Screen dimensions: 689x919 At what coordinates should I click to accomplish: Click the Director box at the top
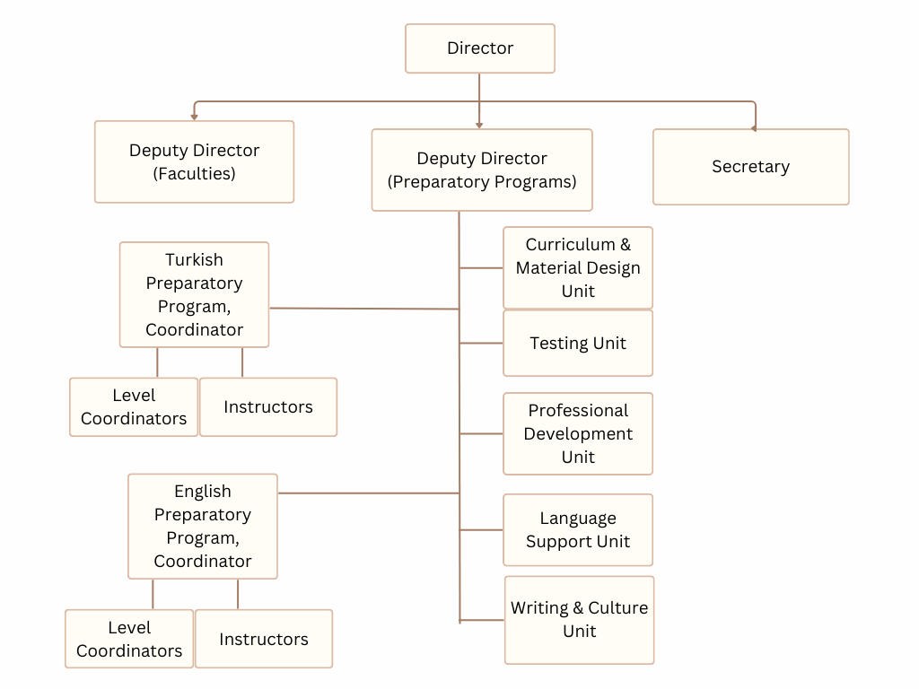pyautogui.click(x=480, y=48)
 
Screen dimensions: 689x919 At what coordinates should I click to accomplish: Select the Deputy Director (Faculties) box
pyautogui.click(x=194, y=161)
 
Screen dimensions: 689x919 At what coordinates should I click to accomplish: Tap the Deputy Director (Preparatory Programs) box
pyautogui.click(x=482, y=170)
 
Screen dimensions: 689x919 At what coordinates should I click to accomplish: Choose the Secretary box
pyautogui.click(x=750, y=167)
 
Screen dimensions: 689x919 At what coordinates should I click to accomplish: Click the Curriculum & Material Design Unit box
pyautogui.click(x=578, y=267)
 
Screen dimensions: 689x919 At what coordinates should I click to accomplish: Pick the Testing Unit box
pyautogui.click(x=578, y=343)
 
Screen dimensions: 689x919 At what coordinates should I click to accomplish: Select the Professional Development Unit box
pyautogui.click(x=578, y=433)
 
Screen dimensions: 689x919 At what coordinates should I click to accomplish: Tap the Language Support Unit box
pyautogui.click(x=578, y=529)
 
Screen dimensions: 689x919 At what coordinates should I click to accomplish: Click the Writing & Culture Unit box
pyautogui.click(x=579, y=619)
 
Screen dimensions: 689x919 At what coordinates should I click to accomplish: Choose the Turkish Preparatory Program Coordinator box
pyautogui.click(x=194, y=294)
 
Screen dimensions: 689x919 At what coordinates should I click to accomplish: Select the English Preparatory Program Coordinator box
pyautogui.click(x=203, y=526)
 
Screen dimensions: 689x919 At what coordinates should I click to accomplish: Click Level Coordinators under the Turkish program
pyautogui.click(x=134, y=406)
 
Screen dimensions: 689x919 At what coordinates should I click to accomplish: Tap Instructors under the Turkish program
pyautogui.click(x=268, y=406)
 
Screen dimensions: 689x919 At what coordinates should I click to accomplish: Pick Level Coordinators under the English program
pyautogui.click(x=129, y=639)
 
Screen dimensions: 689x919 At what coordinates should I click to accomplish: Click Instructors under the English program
pyautogui.click(x=264, y=639)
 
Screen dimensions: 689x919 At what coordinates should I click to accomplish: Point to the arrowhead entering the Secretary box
pyautogui.click(x=754, y=128)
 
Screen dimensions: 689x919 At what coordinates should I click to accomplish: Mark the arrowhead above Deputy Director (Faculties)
pyautogui.click(x=194, y=117)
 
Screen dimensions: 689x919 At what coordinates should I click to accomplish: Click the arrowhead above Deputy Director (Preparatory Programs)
pyautogui.click(x=479, y=125)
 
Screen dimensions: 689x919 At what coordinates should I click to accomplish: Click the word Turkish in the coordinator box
pyautogui.click(x=194, y=259)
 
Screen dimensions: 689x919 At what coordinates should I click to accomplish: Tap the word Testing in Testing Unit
pyautogui.click(x=559, y=343)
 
